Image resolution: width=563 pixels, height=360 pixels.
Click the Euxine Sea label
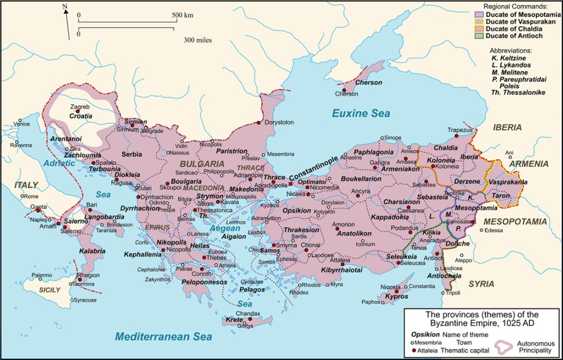pyautogui.click(x=361, y=113)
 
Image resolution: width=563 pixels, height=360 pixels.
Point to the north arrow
pyautogui.click(x=67, y=22)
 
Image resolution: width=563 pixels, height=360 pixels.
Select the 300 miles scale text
pyautogui.click(x=198, y=40)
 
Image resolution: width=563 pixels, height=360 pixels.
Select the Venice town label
pyautogui.click(x=22, y=124)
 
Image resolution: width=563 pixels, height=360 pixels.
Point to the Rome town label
pyautogui.click(x=30, y=196)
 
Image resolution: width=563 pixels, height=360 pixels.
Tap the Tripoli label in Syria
pyautogui.click(x=453, y=292)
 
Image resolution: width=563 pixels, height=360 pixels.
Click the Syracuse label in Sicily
pyautogui.click(x=85, y=300)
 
